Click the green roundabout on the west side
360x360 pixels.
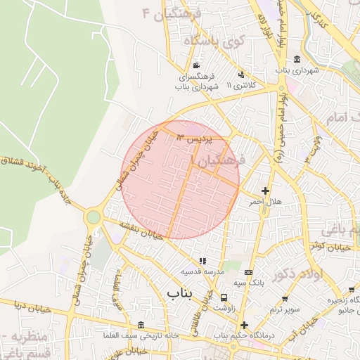pos(93,217)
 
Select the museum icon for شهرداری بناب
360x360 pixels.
pos(297,58)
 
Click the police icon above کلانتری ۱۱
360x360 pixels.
pos(242,74)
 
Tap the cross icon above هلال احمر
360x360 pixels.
pos(265,191)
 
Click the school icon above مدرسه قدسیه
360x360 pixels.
pos(203,261)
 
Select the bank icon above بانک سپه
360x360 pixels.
pos(247,271)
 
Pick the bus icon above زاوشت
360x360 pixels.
pos(224,297)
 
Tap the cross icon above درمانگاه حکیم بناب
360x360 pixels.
pos(244,325)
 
